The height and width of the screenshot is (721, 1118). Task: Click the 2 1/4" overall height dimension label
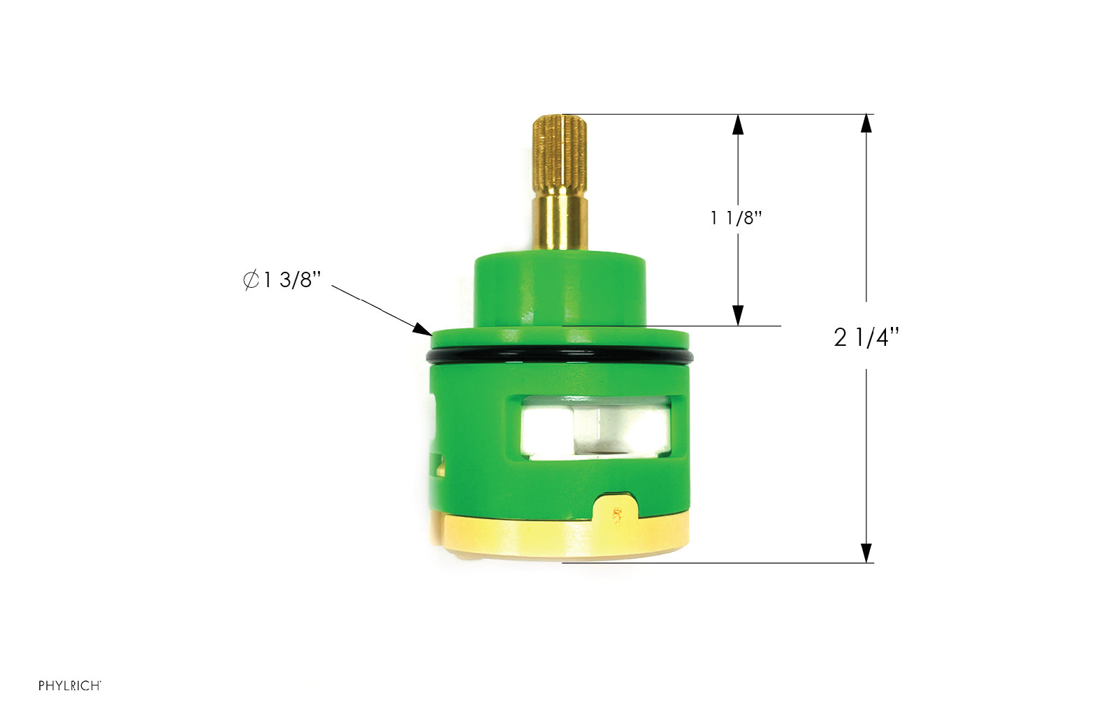pos(866,337)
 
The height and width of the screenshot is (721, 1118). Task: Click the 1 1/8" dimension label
pos(735,218)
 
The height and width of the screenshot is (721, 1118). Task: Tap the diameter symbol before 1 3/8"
pos(251,280)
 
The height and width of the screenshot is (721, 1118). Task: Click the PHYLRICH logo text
pos(69,685)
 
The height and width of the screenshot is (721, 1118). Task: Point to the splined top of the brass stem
pos(560,154)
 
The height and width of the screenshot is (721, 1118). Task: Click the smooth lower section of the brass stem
pos(560,222)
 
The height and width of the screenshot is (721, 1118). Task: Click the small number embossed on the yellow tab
pos(616,516)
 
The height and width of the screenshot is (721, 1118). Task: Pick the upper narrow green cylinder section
pos(560,288)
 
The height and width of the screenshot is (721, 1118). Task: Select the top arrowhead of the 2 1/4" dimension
pos(866,124)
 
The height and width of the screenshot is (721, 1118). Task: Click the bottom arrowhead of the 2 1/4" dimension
pos(866,553)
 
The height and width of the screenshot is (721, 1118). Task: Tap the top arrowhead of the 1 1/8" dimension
pos(738,124)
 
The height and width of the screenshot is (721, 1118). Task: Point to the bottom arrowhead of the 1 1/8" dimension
pos(738,316)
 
